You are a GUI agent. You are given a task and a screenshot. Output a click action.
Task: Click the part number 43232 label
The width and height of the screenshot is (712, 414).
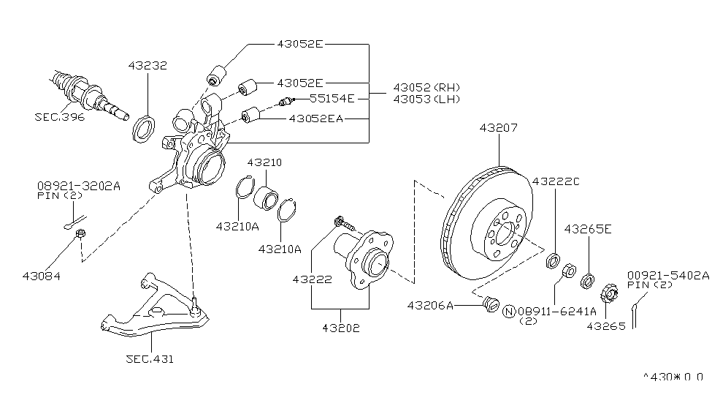point(148,66)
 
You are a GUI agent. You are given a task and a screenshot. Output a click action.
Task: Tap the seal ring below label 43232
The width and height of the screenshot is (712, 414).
point(144,129)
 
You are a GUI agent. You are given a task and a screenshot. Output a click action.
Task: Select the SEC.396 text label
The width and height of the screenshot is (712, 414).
point(59,117)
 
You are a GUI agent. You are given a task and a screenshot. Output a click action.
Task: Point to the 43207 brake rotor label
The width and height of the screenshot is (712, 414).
point(499,128)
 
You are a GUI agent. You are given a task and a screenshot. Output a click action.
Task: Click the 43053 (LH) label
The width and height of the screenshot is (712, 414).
point(426,99)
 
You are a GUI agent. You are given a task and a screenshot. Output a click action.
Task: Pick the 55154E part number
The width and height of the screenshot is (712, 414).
point(332,98)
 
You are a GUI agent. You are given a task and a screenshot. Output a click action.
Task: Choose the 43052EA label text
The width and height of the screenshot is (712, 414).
point(316,118)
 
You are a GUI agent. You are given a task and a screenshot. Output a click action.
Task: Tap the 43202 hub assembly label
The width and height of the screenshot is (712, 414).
point(341,328)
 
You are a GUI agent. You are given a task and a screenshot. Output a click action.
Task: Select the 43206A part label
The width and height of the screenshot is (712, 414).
point(430,305)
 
